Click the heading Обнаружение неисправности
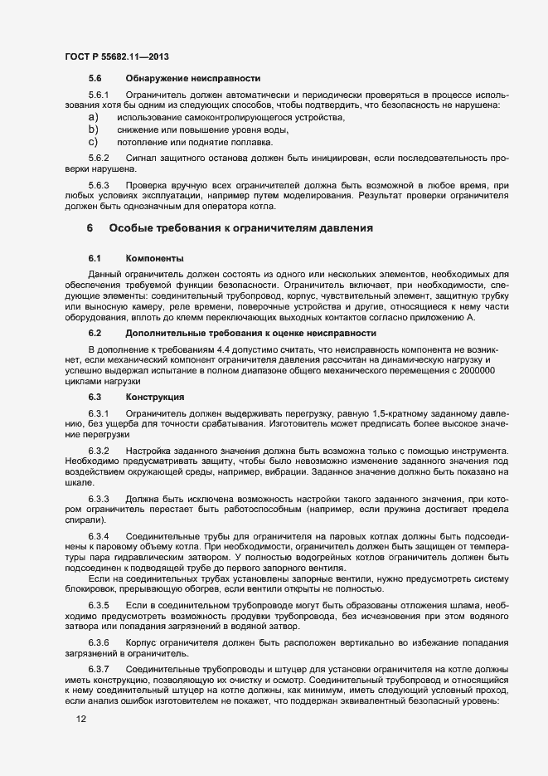pos(192,78)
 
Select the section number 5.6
pos(95,78)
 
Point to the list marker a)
pos(94,118)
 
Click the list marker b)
pos(94,129)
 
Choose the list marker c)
pos(94,141)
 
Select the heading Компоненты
pos(155,259)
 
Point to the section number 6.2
pos(95,333)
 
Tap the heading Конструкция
pos(155,397)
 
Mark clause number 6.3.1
pos(99,412)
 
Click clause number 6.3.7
pos(99,668)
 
